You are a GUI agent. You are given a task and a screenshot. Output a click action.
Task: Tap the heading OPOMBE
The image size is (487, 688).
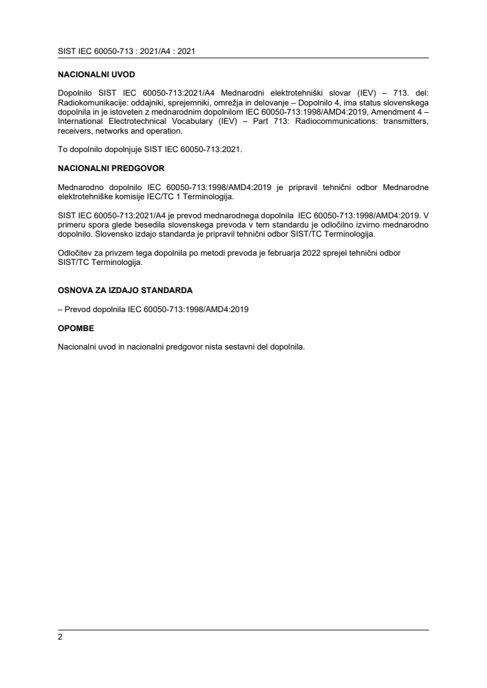75,328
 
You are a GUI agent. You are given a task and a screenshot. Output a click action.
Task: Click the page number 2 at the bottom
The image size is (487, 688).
60,637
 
